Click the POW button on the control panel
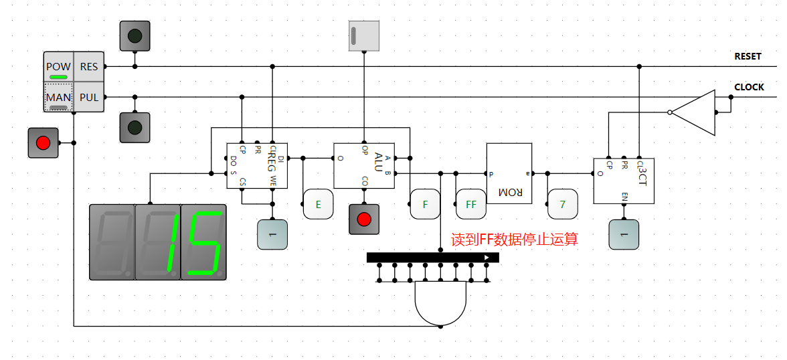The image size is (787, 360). [x=58, y=67]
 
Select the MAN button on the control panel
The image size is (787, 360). [x=58, y=98]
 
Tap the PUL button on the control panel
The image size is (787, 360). [x=89, y=98]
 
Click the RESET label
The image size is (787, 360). [x=748, y=57]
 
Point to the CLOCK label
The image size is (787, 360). [x=749, y=88]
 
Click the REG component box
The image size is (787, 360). [x=257, y=165]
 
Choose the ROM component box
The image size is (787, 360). [x=509, y=173]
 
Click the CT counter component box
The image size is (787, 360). [x=624, y=181]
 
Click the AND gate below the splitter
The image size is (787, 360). [x=440, y=302]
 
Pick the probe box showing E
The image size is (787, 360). [x=319, y=204]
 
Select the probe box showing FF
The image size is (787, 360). [x=471, y=204]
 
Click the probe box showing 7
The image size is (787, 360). [x=563, y=204]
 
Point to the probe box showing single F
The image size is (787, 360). [x=425, y=204]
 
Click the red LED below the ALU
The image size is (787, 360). [x=364, y=219]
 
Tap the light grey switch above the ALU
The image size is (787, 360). [x=364, y=35]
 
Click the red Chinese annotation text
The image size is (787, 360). [x=514, y=240]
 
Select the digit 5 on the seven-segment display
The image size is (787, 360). [x=203, y=242]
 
